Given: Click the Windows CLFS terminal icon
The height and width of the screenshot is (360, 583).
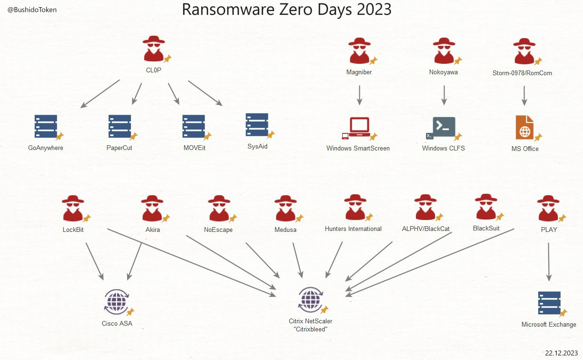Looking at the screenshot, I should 443,127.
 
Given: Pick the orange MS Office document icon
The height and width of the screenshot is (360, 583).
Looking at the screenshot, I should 524,127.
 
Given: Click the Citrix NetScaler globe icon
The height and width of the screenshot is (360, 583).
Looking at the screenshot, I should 310,299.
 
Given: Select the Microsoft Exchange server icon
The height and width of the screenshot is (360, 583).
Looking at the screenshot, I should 549,303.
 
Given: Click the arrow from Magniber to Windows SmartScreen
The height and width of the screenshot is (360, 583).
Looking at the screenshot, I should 359,95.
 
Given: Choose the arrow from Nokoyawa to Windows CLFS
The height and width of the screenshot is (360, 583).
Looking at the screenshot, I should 444,95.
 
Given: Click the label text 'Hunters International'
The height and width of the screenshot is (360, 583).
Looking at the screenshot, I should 353,229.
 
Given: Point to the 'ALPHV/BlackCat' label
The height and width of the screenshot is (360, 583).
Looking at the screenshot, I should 425,229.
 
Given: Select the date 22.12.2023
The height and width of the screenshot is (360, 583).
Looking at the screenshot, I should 563,353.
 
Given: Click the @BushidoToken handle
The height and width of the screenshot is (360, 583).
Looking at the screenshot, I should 32,10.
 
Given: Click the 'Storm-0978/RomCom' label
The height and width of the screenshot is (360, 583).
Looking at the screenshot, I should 522,73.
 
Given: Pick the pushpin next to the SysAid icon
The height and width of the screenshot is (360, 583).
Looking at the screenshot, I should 271,135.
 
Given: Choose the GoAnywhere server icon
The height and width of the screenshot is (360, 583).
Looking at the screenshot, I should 46,127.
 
